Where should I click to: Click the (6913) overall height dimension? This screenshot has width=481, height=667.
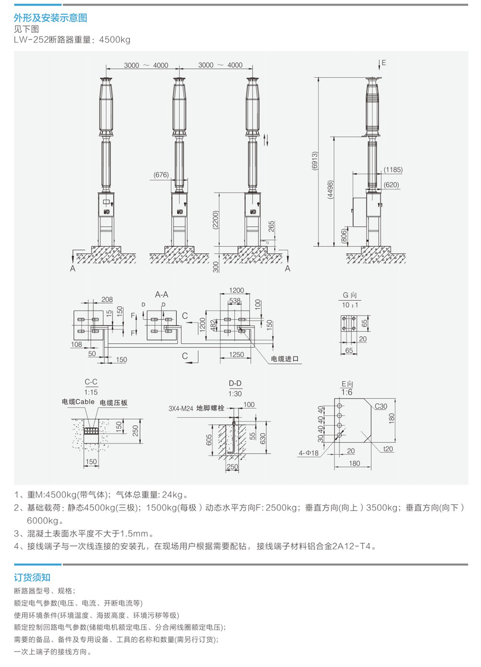pyautogui.click(x=315, y=161)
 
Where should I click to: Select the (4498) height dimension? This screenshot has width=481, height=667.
pyautogui.click(x=330, y=190)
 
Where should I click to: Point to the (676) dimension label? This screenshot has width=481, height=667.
pyautogui.click(x=161, y=175)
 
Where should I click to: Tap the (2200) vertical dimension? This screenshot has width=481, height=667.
pyautogui.click(x=215, y=219)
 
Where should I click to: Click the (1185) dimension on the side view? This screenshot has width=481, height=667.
pyautogui.click(x=393, y=169)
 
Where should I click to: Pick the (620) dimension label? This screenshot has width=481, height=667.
pyautogui.click(x=392, y=185)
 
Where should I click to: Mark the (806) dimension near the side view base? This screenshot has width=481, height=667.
pyautogui.click(x=344, y=236)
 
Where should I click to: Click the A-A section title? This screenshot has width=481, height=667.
pyautogui.click(x=162, y=295)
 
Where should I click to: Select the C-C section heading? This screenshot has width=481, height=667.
pyautogui.click(x=91, y=382)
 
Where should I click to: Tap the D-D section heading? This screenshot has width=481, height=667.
pyautogui.click(x=235, y=384)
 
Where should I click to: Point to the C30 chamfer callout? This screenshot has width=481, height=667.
pyautogui.click(x=381, y=406)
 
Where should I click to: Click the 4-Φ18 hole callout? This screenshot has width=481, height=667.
pyautogui.click(x=308, y=453)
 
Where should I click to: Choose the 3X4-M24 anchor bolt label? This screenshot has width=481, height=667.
pyautogui.click(x=196, y=408)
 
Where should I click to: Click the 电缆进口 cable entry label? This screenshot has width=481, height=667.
pyautogui.click(x=285, y=359)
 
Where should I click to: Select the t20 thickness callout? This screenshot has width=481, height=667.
pyautogui.click(x=388, y=449)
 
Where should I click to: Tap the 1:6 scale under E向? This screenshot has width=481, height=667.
pyautogui.click(x=347, y=392)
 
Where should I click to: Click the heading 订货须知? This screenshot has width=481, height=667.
pyautogui.click(x=32, y=577)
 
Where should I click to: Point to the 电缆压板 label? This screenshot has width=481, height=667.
pyautogui.click(x=114, y=403)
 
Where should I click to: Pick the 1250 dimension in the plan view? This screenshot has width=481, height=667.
pyautogui.click(x=236, y=355)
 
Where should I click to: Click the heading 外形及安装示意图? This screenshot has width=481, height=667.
pyautogui.click(x=51, y=18)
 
